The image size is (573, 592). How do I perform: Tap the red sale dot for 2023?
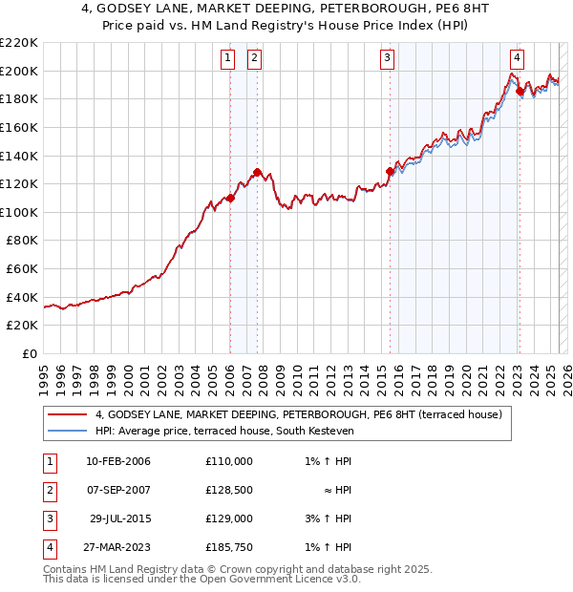tap(520, 92)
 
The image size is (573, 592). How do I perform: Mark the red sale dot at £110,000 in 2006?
tap(230, 199)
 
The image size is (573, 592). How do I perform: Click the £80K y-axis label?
tap(22, 241)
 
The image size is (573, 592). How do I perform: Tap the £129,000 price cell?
tap(229, 518)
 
